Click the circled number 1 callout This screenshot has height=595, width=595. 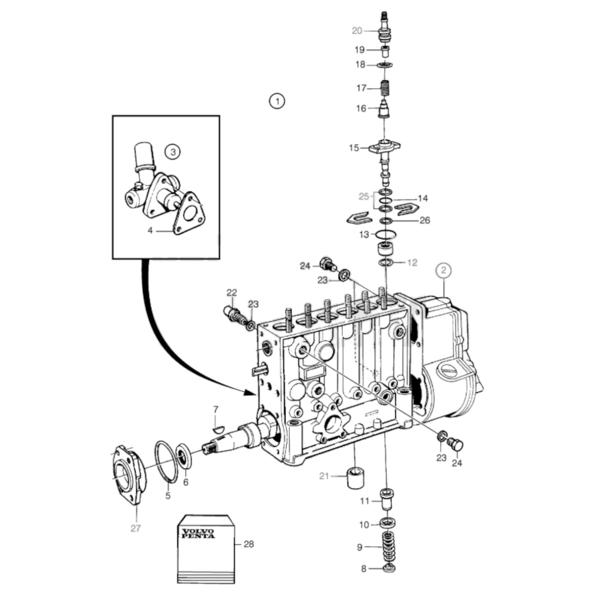point(277,101)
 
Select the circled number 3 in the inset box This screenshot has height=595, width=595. point(173,152)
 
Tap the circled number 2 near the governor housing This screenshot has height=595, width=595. point(443,271)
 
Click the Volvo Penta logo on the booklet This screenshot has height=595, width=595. point(198,533)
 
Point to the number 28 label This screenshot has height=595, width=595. point(249,544)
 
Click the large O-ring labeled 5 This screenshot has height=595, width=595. point(166,462)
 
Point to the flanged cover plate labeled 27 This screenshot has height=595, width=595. point(128,473)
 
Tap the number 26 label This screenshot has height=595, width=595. point(425,220)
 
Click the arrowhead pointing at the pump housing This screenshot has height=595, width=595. point(249,392)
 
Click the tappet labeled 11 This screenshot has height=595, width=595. point(386,500)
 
